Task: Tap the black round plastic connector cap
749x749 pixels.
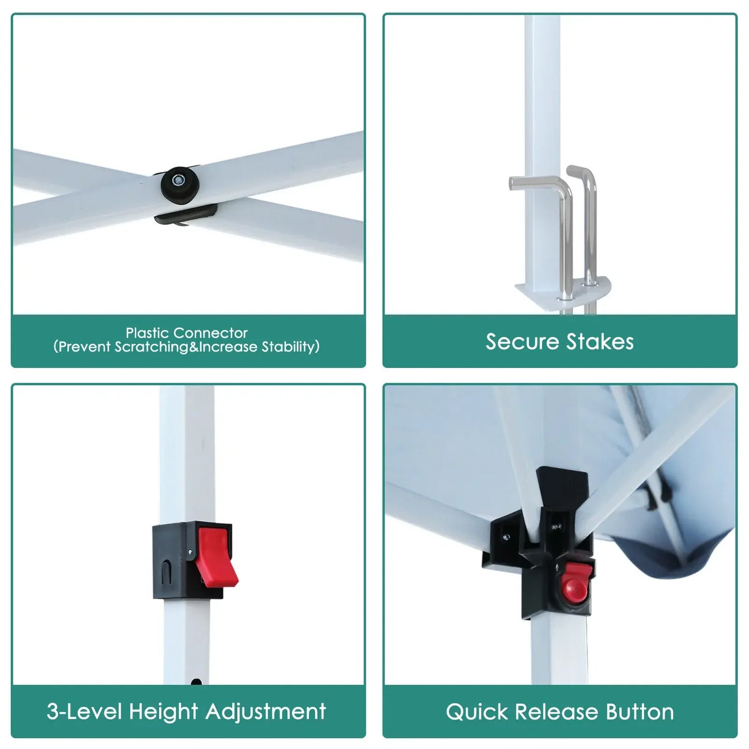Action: point(180,184)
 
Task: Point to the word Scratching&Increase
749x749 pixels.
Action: point(186,347)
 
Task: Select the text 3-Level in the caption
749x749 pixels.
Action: point(84,712)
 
